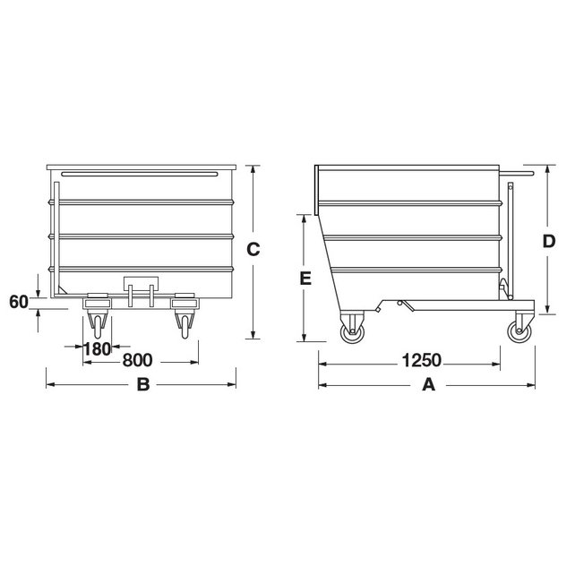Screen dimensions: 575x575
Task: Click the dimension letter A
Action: (428, 386)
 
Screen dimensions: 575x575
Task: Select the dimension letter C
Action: (253, 250)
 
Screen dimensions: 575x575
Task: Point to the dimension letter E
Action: (305, 279)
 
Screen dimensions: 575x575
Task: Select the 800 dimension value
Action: (136, 361)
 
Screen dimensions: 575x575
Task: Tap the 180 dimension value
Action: (97, 348)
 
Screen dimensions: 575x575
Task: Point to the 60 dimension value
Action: (19, 302)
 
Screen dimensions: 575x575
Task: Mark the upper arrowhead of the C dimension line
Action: (253, 169)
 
